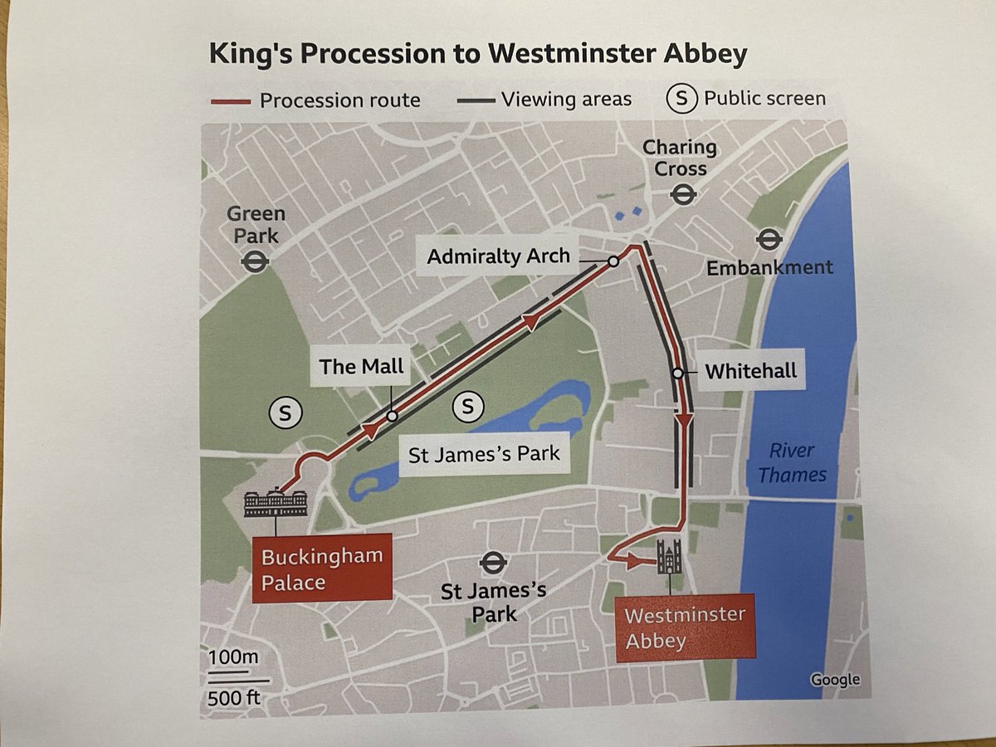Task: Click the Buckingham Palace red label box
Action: pyautogui.click(x=321, y=569)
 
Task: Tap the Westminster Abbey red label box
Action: pyautogui.click(x=685, y=628)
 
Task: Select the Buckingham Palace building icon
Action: pyautogui.click(x=276, y=503)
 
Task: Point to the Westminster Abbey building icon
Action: pyautogui.click(x=669, y=556)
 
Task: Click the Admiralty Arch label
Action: pyautogui.click(x=499, y=256)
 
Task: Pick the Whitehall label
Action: pyautogui.click(x=750, y=370)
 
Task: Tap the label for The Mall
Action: pyautogui.click(x=361, y=366)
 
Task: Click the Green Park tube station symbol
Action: pyautogui.click(x=254, y=263)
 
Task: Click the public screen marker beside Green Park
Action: pyautogui.click(x=285, y=413)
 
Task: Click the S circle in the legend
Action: pyautogui.click(x=682, y=99)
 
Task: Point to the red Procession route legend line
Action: pyautogui.click(x=230, y=102)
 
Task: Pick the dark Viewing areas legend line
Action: pyautogui.click(x=476, y=100)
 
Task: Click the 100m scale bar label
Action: pyautogui.click(x=233, y=658)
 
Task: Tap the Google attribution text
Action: pyautogui.click(x=835, y=679)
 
